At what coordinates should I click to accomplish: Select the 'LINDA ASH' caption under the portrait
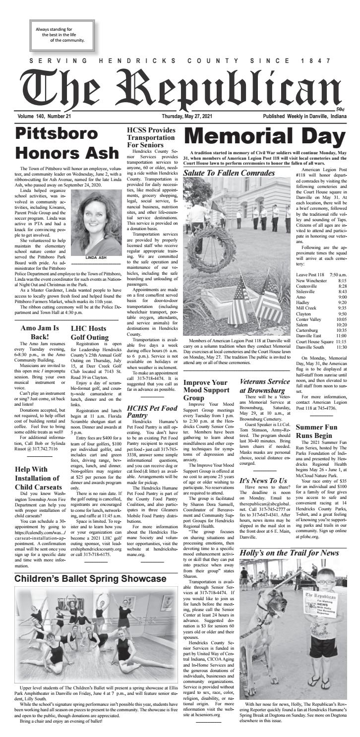(x=94, y=258)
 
